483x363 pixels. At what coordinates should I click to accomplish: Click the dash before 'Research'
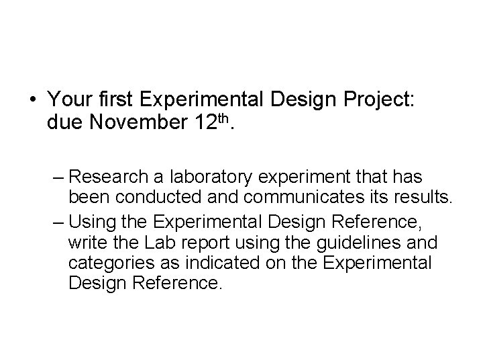coord(58,177)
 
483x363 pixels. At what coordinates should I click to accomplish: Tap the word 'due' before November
coord(65,124)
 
